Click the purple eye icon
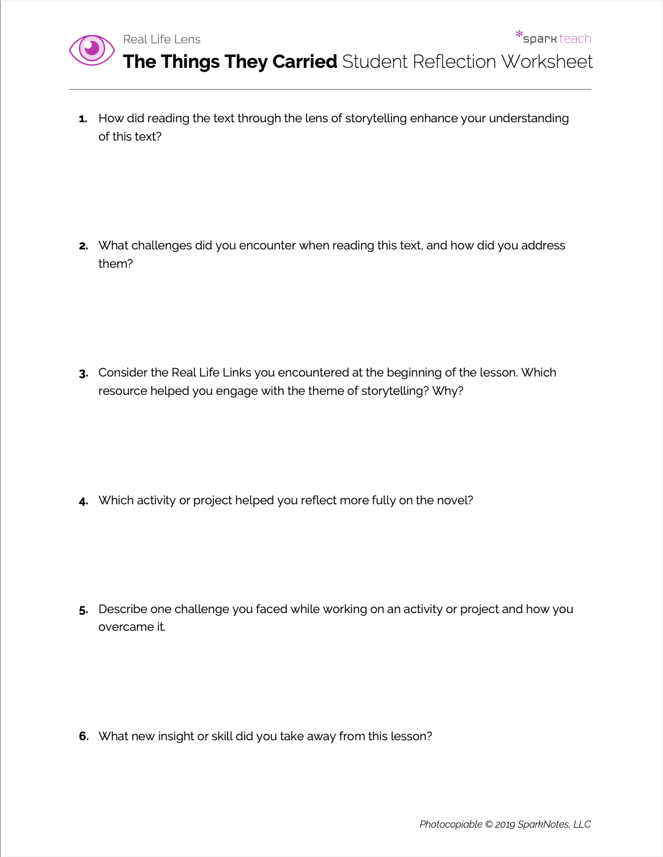[92, 50]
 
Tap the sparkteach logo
[554, 38]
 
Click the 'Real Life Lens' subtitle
[161, 39]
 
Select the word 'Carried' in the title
[305, 62]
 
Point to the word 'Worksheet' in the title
[547, 62]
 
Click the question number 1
[83, 119]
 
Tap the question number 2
[83, 246]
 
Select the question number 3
[83, 373]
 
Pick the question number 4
[83, 501]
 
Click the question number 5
[83, 610]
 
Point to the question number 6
[84, 737]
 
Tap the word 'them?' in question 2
[116, 263]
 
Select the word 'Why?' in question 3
[448, 391]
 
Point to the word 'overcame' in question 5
[126, 627]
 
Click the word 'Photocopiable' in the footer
[451, 824]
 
